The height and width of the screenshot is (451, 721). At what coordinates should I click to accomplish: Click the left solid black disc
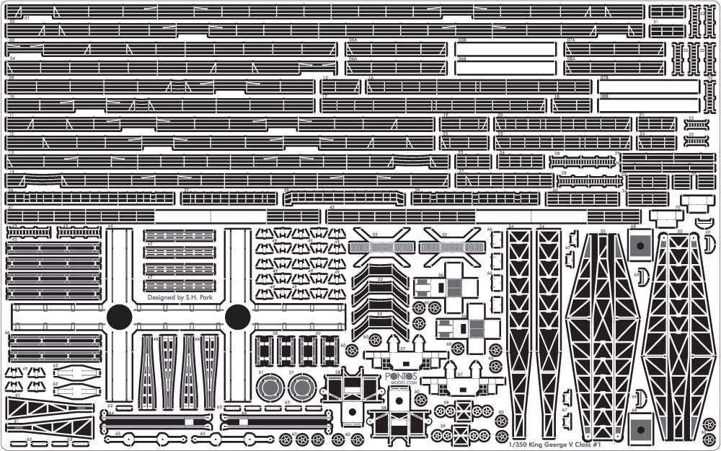coord(119,316)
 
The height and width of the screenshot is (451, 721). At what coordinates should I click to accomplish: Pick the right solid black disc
coord(237,316)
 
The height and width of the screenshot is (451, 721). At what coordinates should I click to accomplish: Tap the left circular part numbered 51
coord(268,388)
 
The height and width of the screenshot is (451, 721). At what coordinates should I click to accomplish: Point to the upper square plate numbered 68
coord(640,246)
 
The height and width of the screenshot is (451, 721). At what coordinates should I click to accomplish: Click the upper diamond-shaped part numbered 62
coord(76,373)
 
